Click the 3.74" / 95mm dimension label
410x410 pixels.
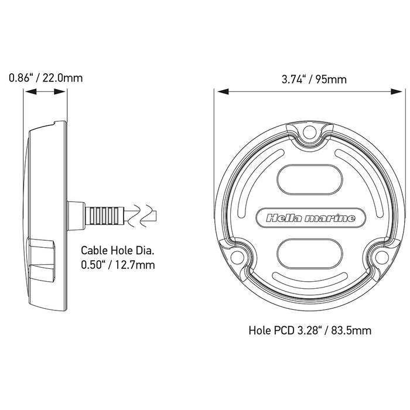[309, 80]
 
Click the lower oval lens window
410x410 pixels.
[310, 254]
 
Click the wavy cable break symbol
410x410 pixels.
[143, 216]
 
